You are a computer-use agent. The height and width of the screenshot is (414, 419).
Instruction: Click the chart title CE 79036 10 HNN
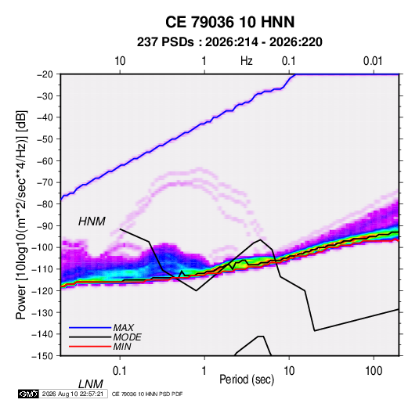(x=229, y=22)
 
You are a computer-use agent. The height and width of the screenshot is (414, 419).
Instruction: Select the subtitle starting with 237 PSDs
(x=229, y=42)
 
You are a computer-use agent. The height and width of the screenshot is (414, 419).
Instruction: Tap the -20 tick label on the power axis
(x=45, y=74)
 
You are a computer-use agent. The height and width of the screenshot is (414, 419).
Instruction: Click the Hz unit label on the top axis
(x=247, y=61)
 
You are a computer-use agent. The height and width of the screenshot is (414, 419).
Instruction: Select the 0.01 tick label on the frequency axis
(x=373, y=61)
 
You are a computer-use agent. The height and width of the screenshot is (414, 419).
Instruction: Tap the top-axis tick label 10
(x=120, y=61)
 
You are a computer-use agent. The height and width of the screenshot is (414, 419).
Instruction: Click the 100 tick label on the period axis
(x=374, y=371)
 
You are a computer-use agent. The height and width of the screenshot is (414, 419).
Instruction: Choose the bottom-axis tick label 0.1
(x=120, y=371)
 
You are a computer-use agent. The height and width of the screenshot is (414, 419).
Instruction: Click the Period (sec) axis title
(x=247, y=380)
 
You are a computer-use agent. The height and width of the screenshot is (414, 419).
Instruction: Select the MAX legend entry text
(x=124, y=328)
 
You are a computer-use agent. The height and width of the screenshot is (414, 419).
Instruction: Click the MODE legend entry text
(x=127, y=337)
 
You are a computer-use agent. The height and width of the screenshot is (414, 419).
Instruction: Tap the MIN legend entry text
(x=122, y=347)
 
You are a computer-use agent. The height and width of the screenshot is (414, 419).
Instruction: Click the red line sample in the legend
(x=90, y=347)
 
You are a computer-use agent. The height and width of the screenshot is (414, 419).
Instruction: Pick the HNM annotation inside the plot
(x=92, y=221)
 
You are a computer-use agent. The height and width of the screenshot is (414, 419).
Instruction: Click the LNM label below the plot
(x=91, y=384)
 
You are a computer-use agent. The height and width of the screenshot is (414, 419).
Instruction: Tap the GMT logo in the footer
(x=29, y=394)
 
